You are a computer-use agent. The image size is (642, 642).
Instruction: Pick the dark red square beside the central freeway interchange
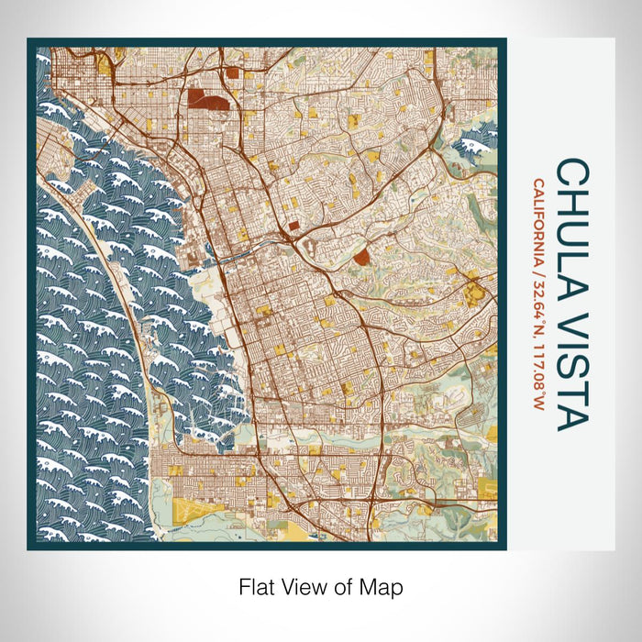(x=293, y=224)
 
